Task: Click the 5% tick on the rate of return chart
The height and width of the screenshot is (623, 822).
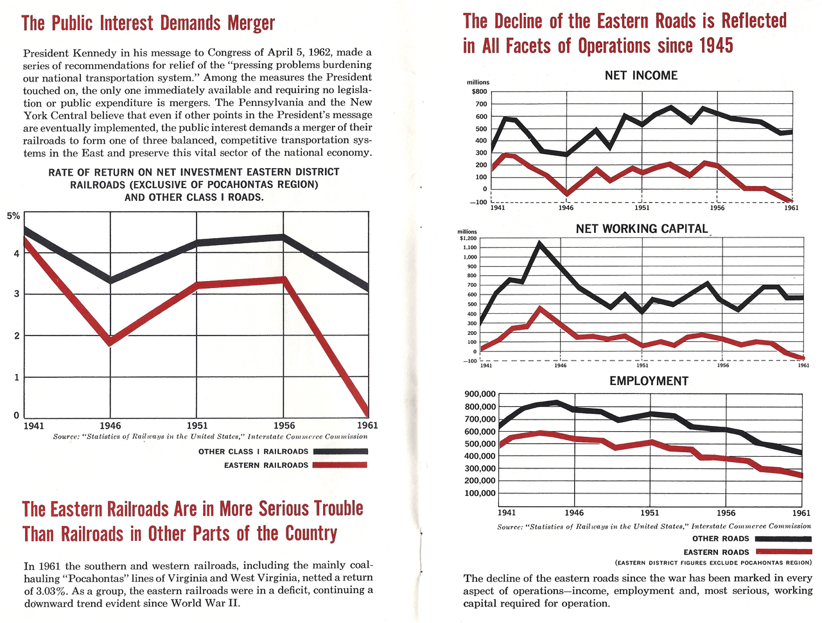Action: [13, 216]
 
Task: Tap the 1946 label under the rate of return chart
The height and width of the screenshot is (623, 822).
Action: [110, 425]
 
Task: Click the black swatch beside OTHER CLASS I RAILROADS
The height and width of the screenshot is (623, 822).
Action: [340, 451]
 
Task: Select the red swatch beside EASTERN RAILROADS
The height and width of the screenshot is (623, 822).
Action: [340, 465]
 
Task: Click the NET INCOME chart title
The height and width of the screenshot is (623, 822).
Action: [641, 75]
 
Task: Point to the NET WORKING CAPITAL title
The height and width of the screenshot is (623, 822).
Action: [642, 228]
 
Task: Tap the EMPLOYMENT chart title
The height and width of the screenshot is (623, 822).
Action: [649, 381]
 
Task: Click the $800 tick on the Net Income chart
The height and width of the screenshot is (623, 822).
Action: [479, 92]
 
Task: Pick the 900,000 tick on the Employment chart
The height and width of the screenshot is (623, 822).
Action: [480, 394]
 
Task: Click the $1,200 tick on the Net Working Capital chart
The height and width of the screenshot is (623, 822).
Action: [469, 238]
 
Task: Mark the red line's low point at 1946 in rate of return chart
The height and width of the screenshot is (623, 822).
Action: [110, 341]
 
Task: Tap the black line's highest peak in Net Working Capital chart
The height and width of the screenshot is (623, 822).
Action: [539, 244]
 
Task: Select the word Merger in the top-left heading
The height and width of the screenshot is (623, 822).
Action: [251, 23]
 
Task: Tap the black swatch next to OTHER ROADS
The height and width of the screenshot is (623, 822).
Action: [783, 539]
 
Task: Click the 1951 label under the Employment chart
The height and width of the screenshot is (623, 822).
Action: [650, 513]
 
